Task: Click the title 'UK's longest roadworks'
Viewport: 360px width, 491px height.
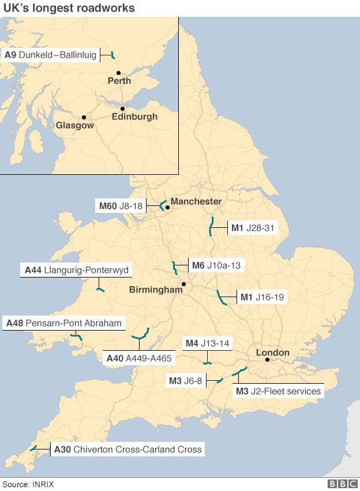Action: [69, 8]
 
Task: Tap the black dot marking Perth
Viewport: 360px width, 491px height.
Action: [118, 73]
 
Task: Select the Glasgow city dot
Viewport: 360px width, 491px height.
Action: [84, 117]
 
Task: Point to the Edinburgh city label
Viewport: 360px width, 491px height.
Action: [134, 117]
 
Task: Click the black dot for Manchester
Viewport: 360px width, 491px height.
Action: [167, 207]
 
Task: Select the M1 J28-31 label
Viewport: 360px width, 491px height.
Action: [251, 228]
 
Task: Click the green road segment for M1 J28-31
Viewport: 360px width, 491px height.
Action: [212, 226]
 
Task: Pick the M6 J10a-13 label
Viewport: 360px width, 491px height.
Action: [216, 266]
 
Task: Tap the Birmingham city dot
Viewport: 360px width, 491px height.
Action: [183, 284]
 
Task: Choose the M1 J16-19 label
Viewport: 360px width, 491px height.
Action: [261, 298]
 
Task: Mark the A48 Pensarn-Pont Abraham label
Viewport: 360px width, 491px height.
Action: [64, 323]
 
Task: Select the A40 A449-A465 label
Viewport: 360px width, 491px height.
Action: [139, 358]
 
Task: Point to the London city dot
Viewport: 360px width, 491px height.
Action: [267, 360]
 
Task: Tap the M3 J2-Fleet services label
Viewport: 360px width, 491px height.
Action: [279, 391]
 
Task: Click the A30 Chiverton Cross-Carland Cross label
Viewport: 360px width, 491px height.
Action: [128, 449]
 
